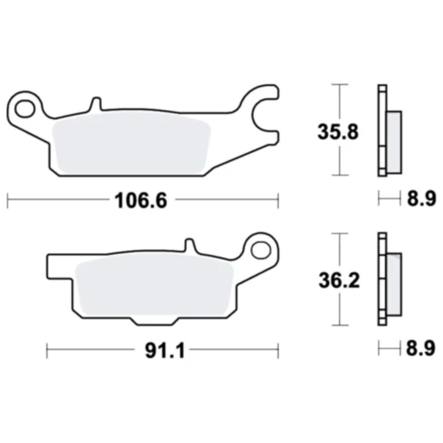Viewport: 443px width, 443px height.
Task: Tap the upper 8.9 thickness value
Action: [x=422, y=201]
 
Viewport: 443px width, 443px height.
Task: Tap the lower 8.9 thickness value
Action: [x=422, y=349]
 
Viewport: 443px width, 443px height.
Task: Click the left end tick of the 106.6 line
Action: [x=8, y=201]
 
